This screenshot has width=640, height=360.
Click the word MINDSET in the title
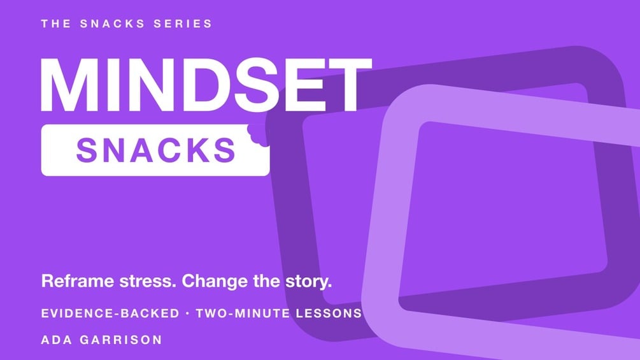pyautogui.click(x=206, y=85)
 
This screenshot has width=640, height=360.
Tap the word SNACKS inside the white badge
pyautogui.click(x=156, y=150)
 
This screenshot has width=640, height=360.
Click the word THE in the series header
pyautogui.click(x=56, y=24)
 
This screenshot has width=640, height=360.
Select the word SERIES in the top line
pyautogui.click(x=183, y=24)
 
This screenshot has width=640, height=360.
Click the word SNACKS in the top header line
pyautogui.click(x=112, y=24)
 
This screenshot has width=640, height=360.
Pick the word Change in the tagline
pyautogui.click(x=214, y=281)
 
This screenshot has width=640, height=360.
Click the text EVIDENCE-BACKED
pyautogui.click(x=110, y=313)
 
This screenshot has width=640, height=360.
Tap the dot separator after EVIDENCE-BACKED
pyautogui.click(x=187, y=313)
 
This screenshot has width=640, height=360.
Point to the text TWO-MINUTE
pyautogui.click(x=243, y=313)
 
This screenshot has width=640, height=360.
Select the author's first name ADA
pyautogui.click(x=55, y=340)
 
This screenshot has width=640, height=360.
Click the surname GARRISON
pyautogui.click(x=121, y=340)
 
